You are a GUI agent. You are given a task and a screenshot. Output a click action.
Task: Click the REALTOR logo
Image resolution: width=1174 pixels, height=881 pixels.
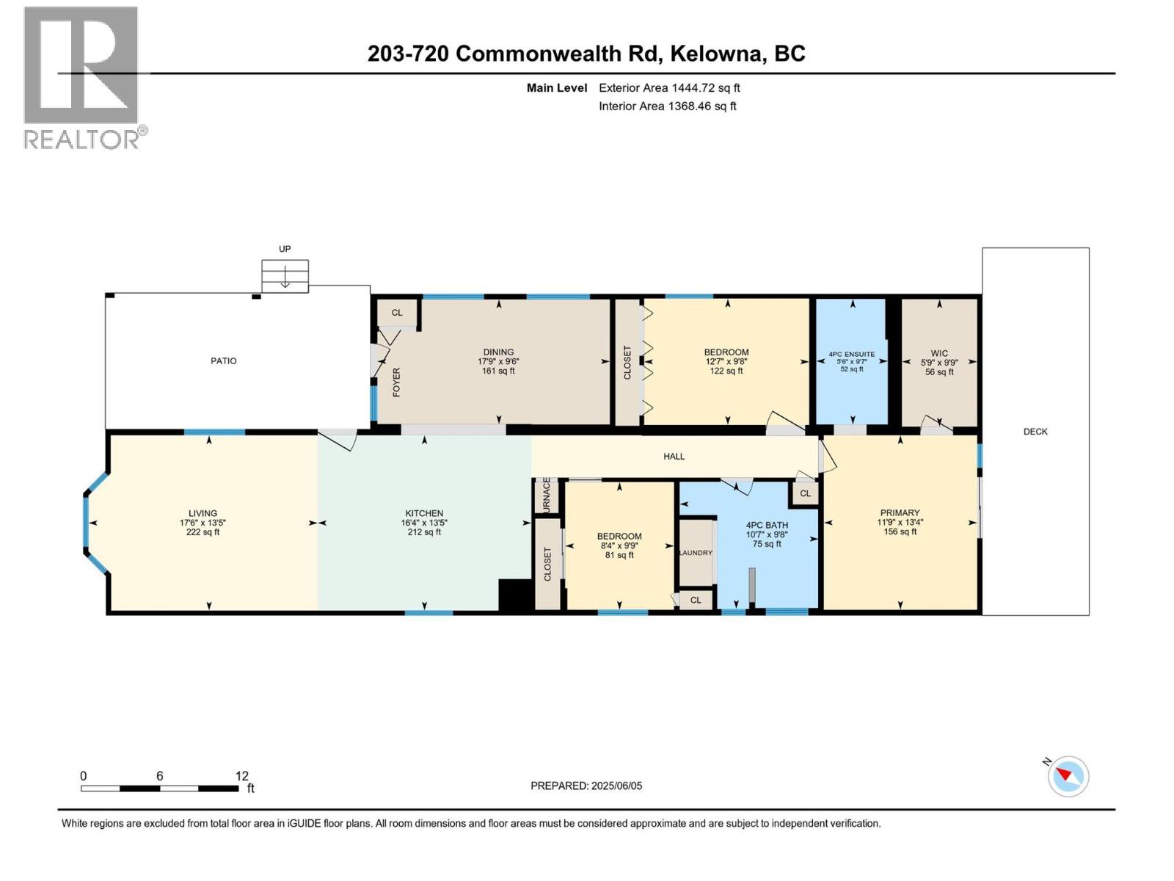coord(82,77)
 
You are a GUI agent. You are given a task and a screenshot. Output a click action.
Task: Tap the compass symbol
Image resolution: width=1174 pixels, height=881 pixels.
coord(1068,776)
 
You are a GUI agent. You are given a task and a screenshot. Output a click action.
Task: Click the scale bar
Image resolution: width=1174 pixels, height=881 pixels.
coord(159,788)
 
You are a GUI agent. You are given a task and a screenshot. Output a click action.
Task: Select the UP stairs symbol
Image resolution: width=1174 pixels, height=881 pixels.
coord(285,276)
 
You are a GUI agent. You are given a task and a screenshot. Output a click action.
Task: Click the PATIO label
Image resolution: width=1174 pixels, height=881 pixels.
coord(224,361)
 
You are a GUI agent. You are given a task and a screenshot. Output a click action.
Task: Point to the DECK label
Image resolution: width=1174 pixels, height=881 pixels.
coord(1035,432)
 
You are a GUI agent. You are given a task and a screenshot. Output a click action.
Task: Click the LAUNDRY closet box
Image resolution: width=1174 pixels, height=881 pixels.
coord(696,552)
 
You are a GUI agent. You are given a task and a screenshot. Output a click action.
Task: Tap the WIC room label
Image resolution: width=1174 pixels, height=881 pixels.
coord(939,353)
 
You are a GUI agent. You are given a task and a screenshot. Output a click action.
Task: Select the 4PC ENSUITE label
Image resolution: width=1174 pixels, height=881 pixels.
coord(852,354)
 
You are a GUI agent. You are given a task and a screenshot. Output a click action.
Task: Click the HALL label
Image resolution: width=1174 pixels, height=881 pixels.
coord(674,457)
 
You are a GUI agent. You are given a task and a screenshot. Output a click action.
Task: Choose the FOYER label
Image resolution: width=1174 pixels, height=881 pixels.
coord(397,383)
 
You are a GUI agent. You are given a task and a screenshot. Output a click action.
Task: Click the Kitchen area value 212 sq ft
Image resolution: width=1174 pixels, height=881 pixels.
coord(424,532)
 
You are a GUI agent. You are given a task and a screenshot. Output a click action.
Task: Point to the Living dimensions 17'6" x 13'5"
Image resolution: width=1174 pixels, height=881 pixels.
coord(203,523)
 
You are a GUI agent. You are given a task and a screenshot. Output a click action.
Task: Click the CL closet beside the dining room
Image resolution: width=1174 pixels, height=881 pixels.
coord(397,313)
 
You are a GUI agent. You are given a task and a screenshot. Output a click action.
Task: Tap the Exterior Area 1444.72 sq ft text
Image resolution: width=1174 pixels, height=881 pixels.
coord(669,88)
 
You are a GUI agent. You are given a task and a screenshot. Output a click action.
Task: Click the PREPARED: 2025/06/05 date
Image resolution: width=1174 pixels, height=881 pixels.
coord(586,786)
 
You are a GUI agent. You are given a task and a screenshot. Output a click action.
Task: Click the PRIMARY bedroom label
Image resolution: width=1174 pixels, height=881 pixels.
coord(900,513)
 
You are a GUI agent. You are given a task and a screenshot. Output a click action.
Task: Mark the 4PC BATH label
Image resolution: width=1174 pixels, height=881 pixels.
coord(767,525)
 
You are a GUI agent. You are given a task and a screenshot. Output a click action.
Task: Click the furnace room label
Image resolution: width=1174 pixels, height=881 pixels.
coord(547,496)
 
